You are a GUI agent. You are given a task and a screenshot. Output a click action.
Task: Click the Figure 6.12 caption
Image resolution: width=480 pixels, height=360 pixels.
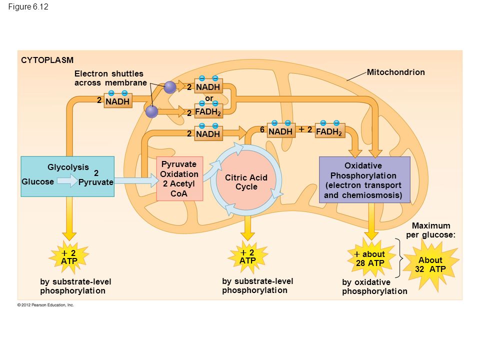tap(28, 6)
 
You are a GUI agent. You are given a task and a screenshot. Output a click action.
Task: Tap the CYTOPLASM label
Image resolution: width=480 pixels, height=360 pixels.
tap(47, 60)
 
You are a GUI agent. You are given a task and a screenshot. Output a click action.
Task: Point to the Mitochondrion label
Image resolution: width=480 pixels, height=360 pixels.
tap(396, 72)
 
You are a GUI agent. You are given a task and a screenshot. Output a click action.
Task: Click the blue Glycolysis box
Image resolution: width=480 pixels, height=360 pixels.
tap(67, 176)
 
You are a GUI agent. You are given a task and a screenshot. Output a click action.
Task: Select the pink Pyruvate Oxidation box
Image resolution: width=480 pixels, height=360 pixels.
tap(179, 179)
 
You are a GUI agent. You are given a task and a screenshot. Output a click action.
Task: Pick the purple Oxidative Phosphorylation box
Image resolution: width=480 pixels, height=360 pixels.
tap(364, 179)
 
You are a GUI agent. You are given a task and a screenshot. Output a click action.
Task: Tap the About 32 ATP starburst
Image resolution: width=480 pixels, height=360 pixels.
tap(431, 265)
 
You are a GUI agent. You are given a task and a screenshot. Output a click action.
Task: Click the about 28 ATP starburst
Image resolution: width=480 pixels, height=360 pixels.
tap(370, 258)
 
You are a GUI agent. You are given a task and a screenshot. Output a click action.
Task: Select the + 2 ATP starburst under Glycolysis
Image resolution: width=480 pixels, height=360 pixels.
tap(69, 257)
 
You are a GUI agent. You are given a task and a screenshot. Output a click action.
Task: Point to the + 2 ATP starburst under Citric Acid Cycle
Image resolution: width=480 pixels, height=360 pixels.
tap(247, 256)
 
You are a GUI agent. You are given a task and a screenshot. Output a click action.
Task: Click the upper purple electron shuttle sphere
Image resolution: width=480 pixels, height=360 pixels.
tap(170, 87)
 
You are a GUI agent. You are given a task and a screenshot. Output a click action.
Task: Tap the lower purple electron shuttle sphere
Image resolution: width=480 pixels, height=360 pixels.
tap(151, 111)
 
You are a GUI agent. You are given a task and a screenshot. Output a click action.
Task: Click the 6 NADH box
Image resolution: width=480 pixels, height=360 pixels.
tap(281, 131)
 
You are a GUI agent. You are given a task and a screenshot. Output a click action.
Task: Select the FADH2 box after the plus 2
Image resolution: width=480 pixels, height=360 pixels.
tap(330, 131)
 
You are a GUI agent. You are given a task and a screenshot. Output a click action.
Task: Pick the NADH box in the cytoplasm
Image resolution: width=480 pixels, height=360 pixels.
tap(118, 101)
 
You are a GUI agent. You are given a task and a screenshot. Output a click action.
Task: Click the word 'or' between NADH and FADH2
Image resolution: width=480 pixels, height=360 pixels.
tap(209, 98)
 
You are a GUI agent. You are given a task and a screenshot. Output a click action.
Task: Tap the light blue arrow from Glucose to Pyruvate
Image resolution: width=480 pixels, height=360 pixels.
tap(67, 180)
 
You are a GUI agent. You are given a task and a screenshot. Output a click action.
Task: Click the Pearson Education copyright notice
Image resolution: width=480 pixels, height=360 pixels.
tap(45, 305)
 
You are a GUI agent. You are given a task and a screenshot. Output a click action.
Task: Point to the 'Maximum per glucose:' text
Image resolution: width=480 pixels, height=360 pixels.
tap(431, 230)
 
